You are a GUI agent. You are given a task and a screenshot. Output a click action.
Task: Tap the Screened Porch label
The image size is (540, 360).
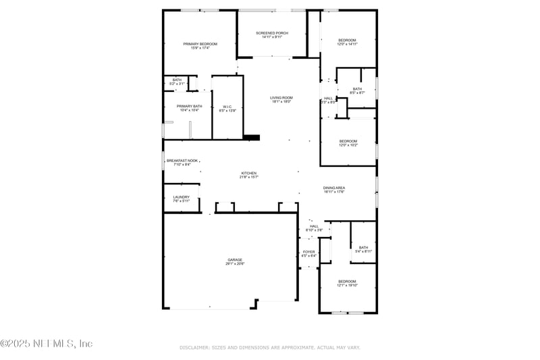[272, 32]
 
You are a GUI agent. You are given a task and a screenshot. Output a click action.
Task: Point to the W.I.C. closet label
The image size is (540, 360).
[227, 106]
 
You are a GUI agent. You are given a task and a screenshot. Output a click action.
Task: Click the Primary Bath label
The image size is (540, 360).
[189, 106]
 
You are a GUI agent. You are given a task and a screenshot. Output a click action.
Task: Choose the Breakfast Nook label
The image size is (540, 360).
[182, 160]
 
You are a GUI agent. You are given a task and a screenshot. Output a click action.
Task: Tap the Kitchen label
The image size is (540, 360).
[249, 173]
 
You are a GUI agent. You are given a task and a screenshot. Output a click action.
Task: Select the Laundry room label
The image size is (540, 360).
[182, 197]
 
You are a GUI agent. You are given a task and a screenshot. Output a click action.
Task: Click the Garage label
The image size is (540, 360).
[235, 259]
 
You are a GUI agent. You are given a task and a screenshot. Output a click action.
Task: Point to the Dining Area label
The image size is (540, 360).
[334, 188]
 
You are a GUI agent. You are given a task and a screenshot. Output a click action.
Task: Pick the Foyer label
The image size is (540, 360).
[308, 252]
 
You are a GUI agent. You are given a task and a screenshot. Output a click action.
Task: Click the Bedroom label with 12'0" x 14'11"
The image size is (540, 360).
[348, 40]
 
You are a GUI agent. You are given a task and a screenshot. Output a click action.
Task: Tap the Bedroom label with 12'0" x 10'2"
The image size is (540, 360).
[348, 140]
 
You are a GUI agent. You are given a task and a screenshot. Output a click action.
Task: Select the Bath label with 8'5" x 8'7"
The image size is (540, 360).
[357, 88]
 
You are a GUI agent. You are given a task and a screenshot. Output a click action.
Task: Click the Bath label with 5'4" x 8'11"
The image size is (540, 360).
[364, 247]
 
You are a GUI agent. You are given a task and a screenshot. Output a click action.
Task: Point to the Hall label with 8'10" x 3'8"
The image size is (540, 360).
[314, 226]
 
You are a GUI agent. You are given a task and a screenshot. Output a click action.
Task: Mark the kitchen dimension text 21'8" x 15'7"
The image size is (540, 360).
[249, 177]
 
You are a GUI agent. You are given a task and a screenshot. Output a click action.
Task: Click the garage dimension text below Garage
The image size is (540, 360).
[235, 263]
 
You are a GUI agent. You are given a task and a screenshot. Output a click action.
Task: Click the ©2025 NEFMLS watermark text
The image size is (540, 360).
[46, 343]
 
